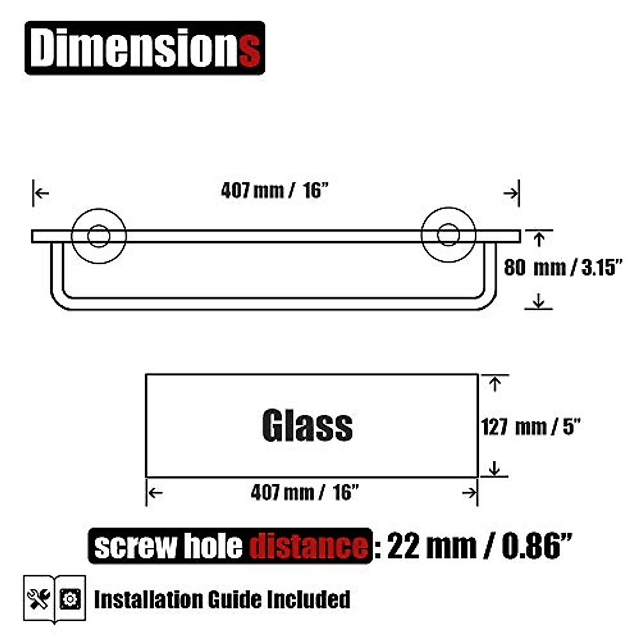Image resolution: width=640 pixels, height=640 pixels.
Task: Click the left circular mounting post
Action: (x=99, y=236)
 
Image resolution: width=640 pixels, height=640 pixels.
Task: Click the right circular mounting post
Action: (x=448, y=236)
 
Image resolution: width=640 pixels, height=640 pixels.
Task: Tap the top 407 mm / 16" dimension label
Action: (x=273, y=190)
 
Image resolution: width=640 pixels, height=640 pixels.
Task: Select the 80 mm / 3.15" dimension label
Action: (x=563, y=267)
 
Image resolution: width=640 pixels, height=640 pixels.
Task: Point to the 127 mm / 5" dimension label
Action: (x=531, y=427)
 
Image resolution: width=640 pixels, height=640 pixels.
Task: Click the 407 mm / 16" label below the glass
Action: (x=304, y=492)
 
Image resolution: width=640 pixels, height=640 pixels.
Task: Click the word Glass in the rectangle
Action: (x=307, y=426)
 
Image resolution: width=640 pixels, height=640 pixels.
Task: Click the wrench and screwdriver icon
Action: (x=39, y=599)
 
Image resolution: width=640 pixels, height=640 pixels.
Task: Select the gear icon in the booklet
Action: (x=70, y=599)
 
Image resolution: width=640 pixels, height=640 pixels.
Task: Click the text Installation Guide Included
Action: (x=222, y=599)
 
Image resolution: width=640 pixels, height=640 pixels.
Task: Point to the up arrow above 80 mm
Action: (x=539, y=239)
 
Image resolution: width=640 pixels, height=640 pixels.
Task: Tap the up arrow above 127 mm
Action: (x=495, y=383)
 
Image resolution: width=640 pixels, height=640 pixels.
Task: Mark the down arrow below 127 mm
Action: (x=495, y=468)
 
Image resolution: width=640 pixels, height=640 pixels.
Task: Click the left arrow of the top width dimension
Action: (x=42, y=193)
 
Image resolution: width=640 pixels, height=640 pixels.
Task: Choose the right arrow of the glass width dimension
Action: (x=469, y=493)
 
